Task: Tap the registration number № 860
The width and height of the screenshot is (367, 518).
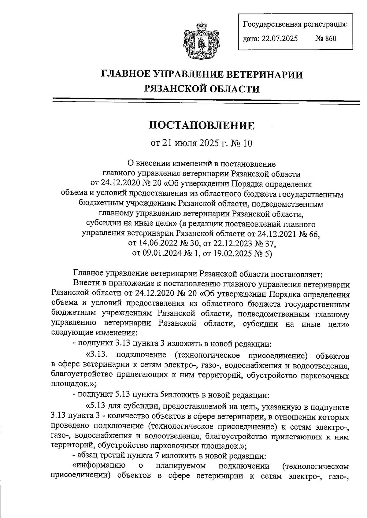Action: point(326,39)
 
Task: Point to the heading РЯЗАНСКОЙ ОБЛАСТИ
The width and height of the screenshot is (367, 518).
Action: point(202,89)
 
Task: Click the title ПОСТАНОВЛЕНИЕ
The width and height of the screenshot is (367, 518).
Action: point(202,125)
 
